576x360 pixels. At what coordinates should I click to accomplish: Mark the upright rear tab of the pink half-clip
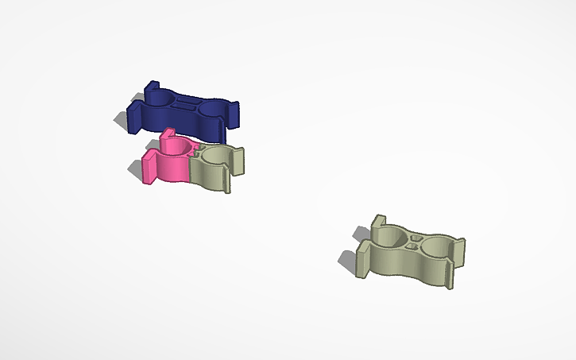coord(168,136)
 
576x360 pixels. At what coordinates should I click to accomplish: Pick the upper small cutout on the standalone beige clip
coord(416,236)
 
